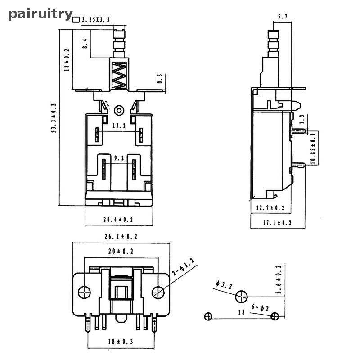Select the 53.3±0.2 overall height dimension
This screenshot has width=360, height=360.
coord(54,118)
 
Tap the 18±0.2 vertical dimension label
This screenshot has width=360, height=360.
coord(67,60)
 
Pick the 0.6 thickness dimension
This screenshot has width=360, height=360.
coord(160,79)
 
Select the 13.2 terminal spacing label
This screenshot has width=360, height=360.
coord(119,126)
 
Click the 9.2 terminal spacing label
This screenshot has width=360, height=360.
coord(119,158)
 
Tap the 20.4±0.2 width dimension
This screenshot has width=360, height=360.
coord(118,220)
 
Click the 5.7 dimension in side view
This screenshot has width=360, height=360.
coord(283,17)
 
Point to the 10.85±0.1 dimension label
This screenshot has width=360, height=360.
coord(314,148)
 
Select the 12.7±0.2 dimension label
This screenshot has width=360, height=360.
coord(270,207)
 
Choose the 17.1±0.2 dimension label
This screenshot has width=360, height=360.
coord(277,223)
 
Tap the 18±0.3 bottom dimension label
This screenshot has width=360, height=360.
coord(121,342)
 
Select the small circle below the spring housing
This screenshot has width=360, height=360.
coord(119,110)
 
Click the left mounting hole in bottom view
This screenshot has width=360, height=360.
coord(84,292)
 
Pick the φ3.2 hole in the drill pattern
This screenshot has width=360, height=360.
coord(241,297)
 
